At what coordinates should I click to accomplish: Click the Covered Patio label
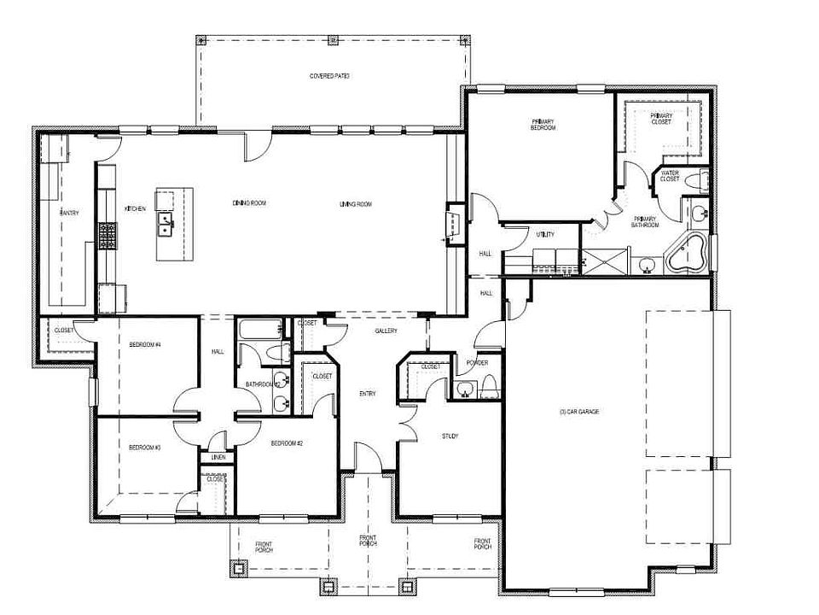329,76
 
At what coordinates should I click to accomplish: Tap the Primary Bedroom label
543,124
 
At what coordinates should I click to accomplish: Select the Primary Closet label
661,119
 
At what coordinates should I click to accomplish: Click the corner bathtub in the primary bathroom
688,253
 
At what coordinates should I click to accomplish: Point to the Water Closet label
670,176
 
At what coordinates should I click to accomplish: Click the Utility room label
545,234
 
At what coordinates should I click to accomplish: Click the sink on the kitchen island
166,225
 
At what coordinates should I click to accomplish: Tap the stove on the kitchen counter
107,235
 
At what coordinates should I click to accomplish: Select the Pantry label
69,213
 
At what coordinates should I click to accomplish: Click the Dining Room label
250,203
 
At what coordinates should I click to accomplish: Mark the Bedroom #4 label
145,344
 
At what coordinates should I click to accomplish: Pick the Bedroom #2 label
288,444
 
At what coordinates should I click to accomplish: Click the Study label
450,436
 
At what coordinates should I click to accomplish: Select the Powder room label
477,362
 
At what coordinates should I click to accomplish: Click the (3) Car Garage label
579,412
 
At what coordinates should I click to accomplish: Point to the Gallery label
386,331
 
